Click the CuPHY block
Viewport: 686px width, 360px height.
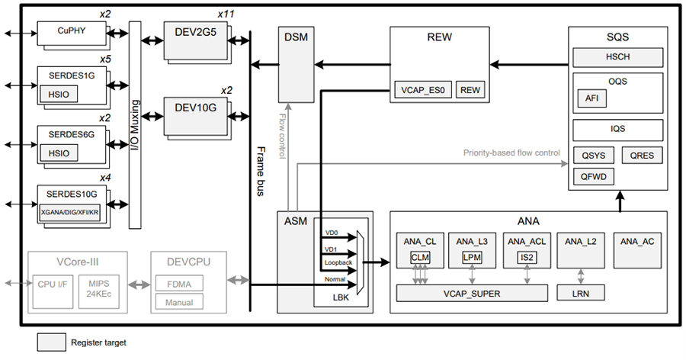click(70, 32)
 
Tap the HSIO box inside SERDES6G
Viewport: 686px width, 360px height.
click(59, 153)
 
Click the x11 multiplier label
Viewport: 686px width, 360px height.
click(226, 14)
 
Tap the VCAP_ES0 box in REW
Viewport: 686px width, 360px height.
click(423, 89)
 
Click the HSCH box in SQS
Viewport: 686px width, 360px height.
click(618, 56)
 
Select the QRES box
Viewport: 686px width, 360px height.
click(642, 156)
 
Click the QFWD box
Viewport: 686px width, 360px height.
click(593, 177)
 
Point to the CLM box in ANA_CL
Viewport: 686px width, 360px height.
click(421, 258)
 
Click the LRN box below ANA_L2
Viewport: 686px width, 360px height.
click(582, 291)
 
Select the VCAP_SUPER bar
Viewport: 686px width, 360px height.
click(472, 291)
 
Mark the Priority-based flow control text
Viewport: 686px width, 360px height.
click(511, 153)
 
